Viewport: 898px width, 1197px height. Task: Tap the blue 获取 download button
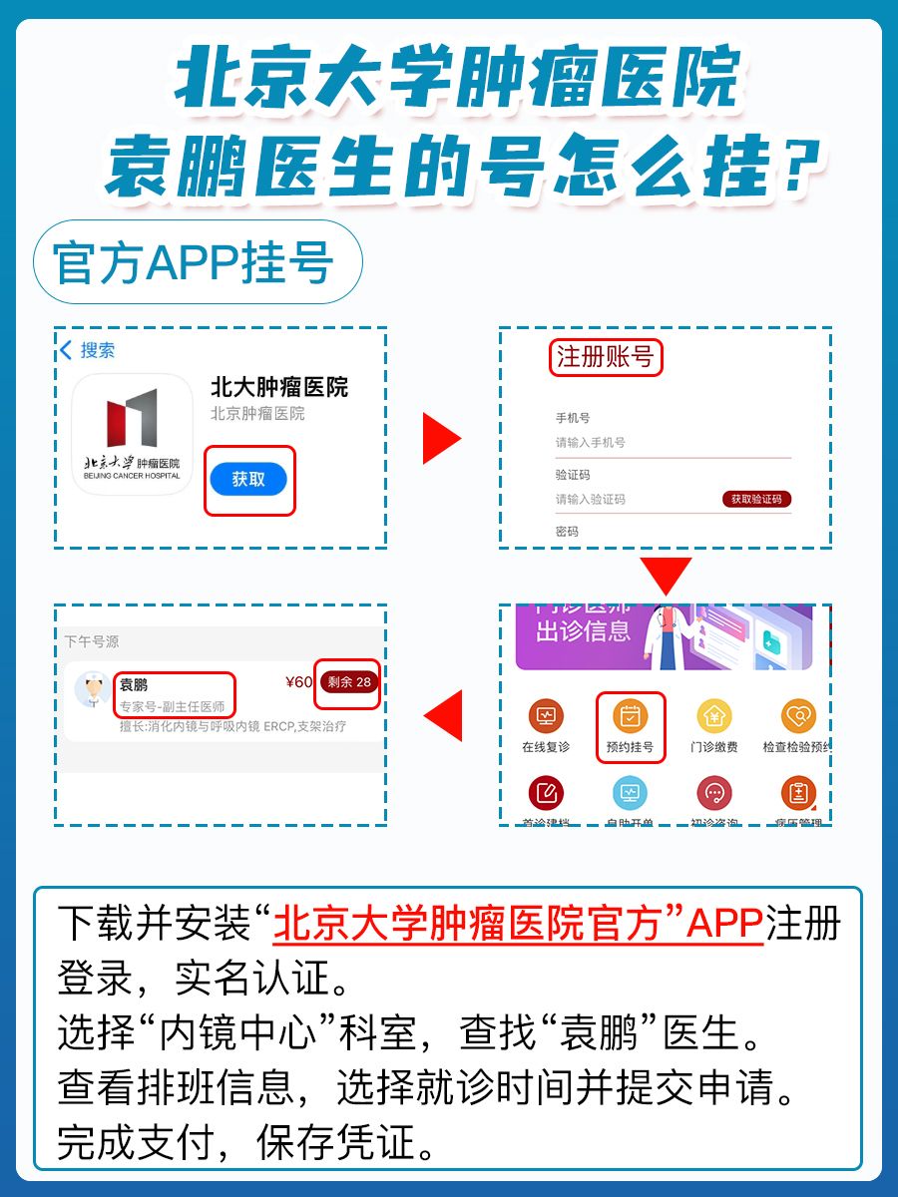click(248, 480)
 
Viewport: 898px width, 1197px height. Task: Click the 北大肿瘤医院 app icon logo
click(132, 434)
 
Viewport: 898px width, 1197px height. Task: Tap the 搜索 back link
click(88, 350)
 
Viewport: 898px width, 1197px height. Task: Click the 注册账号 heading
click(605, 357)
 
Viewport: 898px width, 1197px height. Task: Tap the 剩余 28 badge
click(347, 682)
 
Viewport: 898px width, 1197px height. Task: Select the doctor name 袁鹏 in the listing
click(134, 684)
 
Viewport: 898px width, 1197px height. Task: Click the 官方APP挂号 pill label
click(195, 261)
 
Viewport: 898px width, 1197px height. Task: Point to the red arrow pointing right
click(441, 439)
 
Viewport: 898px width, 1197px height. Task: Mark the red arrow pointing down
click(666, 576)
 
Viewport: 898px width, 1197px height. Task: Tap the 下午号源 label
click(92, 641)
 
